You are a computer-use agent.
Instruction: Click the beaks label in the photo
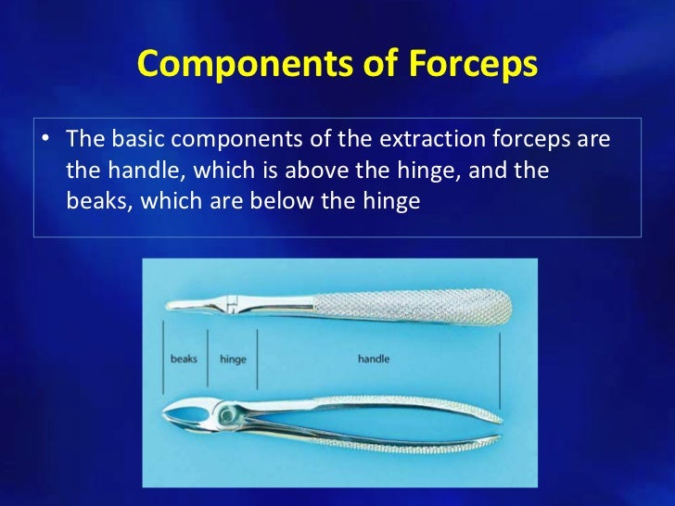184,359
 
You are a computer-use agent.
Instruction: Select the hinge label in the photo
233,359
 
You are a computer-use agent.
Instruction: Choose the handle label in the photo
374,359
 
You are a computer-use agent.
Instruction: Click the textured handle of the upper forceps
408,303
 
